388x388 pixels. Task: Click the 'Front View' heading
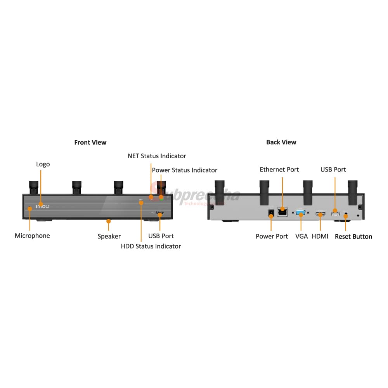pyautogui.click(x=90, y=142)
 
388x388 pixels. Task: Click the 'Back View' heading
pyautogui.click(x=281, y=142)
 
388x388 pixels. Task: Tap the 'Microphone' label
pyautogui.click(x=32, y=236)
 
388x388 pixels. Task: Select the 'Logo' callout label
pyautogui.click(x=43, y=164)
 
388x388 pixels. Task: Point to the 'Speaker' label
pyautogui.click(x=109, y=236)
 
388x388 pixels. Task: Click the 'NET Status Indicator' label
pyautogui.click(x=157, y=156)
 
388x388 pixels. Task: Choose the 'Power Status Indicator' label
pyautogui.click(x=184, y=170)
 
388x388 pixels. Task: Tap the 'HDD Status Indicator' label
pyautogui.click(x=151, y=246)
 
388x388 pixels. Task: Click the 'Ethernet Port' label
pyautogui.click(x=279, y=170)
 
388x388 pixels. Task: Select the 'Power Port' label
pyautogui.click(x=272, y=236)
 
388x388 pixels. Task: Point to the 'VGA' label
pyautogui.click(x=301, y=236)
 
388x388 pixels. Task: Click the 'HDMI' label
pyautogui.click(x=320, y=236)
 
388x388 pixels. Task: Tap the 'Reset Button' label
pyautogui.click(x=353, y=236)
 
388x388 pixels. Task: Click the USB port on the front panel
pyautogui.click(x=160, y=213)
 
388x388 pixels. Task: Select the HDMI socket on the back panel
pyautogui.click(x=320, y=213)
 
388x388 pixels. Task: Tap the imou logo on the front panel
pyautogui.click(x=43, y=206)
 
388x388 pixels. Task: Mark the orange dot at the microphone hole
pyautogui.click(x=29, y=209)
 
